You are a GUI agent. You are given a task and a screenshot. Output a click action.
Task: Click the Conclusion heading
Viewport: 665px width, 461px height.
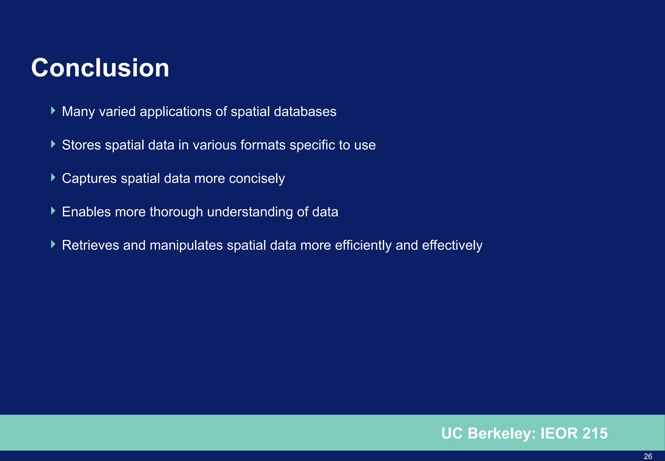[100, 68]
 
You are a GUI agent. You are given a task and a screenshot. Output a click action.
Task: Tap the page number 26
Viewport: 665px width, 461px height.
[648, 456]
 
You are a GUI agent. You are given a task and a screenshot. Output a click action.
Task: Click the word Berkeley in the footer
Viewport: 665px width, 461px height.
[502, 433]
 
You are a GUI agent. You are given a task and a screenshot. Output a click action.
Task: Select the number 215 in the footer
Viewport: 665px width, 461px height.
[595, 433]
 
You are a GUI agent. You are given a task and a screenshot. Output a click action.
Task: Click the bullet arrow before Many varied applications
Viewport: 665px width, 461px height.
[53, 111]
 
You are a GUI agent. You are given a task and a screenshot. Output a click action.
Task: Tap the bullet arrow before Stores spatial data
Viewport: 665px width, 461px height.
[53, 144]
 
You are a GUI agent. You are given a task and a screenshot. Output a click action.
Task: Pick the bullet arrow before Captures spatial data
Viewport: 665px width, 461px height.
[53, 178]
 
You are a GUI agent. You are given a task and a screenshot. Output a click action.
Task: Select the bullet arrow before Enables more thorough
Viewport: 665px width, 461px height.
[53, 211]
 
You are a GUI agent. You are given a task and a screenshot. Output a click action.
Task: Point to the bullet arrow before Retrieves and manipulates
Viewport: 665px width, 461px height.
[53, 244]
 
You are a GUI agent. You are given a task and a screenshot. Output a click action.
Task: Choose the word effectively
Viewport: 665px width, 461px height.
[452, 245]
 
